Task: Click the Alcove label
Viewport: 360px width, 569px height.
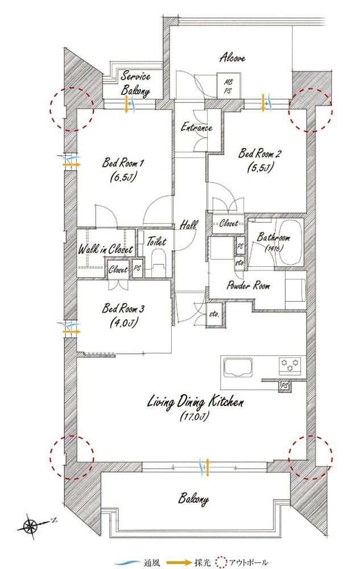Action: [x=232, y=57]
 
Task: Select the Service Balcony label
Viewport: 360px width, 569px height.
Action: [x=135, y=84]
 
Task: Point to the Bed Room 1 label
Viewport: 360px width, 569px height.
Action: [x=122, y=162]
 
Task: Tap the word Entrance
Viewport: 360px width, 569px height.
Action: [x=197, y=127]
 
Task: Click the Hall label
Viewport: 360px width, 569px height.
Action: [x=188, y=225]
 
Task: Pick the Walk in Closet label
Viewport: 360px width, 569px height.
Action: [x=106, y=249]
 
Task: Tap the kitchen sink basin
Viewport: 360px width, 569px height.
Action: [x=238, y=367]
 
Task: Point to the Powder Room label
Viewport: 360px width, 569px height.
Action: [x=248, y=286]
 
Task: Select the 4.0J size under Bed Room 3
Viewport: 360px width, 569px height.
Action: [x=123, y=323]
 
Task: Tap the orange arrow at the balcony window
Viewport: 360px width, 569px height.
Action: [x=208, y=467]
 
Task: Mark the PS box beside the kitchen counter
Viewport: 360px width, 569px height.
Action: [x=284, y=386]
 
